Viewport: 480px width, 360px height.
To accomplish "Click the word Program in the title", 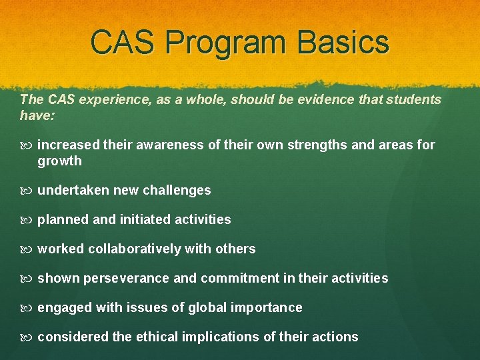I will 225,42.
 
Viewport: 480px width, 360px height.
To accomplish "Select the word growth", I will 59,161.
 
